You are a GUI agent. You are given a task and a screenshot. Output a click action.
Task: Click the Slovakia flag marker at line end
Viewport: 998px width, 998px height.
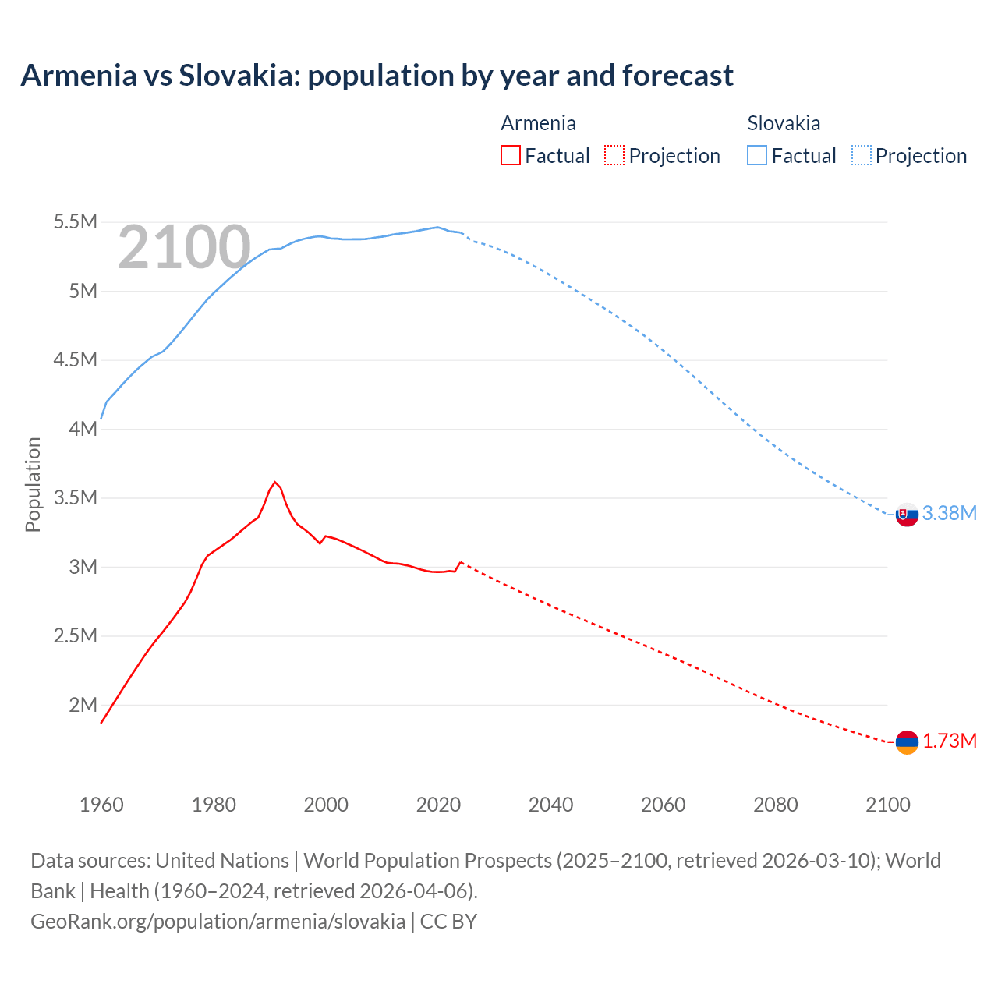906,515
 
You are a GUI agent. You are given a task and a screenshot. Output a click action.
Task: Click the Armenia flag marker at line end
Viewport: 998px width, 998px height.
906,742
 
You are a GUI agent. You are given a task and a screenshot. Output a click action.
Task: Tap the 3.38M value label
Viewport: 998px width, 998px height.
949,513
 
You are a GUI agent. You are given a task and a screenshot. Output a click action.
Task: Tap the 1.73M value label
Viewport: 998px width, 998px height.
949,741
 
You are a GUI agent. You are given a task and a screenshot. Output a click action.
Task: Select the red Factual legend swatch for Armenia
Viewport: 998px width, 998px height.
510,155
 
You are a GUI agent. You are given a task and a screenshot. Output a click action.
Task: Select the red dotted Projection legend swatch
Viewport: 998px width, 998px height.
614,155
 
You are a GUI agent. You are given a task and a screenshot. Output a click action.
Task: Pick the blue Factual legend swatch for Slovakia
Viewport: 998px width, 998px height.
756,155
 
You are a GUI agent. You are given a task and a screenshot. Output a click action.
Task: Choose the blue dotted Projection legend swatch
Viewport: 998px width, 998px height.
861,155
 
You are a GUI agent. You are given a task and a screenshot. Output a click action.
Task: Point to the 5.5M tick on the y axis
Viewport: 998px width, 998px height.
75,222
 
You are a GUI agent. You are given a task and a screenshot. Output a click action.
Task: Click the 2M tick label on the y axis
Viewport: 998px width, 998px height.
83,705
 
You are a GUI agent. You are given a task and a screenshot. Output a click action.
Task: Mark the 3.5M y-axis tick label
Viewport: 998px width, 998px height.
75,497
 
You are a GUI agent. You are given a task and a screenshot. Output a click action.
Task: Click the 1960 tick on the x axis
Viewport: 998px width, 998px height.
101,805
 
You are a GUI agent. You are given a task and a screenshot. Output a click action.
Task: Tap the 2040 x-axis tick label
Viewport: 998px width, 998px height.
550,805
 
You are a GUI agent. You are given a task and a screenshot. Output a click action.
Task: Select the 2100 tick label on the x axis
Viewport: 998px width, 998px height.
887,805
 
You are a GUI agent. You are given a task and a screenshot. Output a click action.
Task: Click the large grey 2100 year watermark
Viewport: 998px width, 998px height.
184,248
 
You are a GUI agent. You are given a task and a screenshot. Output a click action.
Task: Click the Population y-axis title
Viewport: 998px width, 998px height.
33,484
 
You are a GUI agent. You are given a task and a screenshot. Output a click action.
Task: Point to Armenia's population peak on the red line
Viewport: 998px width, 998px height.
274,482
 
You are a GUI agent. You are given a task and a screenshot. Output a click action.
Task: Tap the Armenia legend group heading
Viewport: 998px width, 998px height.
538,123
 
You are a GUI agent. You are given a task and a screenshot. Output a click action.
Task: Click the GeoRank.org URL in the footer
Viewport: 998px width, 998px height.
218,921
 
